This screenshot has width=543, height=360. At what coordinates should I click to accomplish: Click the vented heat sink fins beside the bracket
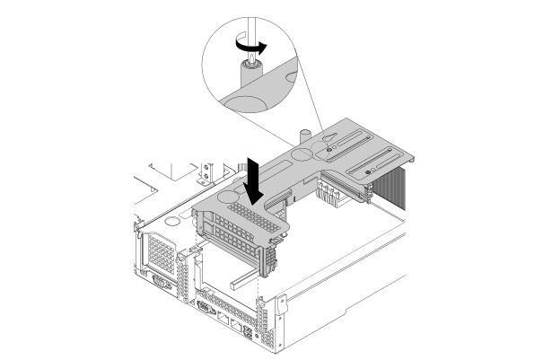(403, 194)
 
